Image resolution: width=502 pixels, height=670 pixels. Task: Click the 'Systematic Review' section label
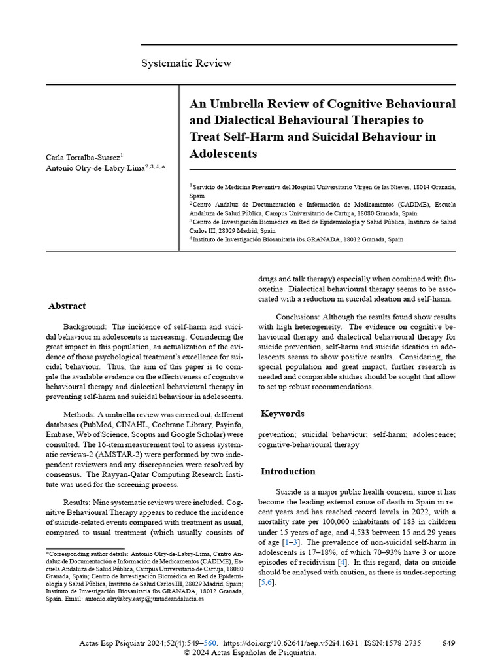pos(186,63)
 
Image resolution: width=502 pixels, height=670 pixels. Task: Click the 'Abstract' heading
pos(67,306)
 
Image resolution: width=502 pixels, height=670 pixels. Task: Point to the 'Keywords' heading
pos(282,414)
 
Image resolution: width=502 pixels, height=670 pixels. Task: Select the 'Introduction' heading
pos(288,471)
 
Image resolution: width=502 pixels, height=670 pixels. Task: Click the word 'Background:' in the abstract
pos(85,326)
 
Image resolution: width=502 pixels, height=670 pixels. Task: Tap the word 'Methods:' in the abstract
pos(82,415)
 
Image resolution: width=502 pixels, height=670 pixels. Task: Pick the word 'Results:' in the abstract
pos(80,501)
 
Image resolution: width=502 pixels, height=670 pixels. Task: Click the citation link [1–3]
pos(290,542)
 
